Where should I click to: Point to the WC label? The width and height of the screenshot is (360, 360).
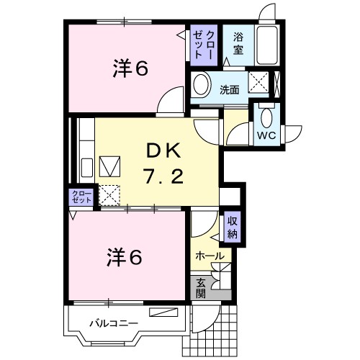[x=265, y=135]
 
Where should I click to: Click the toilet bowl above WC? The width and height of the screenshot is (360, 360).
[x=266, y=115]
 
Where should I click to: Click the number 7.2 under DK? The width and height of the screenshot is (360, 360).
[x=166, y=175]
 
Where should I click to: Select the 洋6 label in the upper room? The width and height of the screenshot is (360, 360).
[x=130, y=70]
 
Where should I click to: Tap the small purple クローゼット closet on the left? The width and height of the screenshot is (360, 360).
[x=81, y=197]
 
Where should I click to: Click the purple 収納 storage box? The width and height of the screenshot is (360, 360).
[x=233, y=228]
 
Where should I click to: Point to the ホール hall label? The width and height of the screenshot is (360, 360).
[x=210, y=256]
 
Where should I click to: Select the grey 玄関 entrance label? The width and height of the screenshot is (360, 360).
[x=201, y=288]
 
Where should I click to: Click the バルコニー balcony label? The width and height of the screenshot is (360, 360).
[x=113, y=323]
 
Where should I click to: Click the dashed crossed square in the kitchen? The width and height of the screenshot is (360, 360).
[x=109, y=194]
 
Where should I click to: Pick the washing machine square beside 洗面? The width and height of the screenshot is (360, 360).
[x=258, y=82]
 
